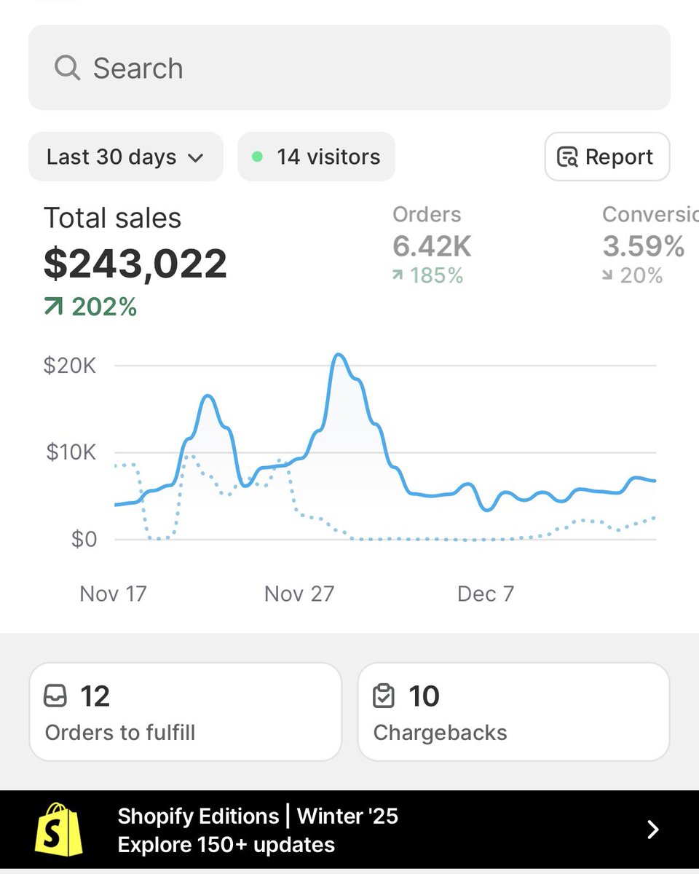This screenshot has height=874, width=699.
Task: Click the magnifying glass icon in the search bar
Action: pos(67,68)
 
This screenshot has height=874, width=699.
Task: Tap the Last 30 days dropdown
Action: pos(125,157)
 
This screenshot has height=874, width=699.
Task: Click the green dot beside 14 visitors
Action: pos(257,157)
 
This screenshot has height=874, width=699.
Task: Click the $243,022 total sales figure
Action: pos(135,264)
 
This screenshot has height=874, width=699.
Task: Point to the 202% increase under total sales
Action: pos(91,307)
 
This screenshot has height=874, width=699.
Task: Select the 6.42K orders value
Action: pos(432,247)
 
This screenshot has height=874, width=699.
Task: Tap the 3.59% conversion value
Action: pos(644,247)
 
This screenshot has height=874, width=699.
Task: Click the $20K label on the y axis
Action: pos(70,366)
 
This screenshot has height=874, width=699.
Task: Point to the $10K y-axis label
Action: pos(71,452)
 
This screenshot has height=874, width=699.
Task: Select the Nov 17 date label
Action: pos(113,594)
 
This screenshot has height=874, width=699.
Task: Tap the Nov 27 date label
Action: pos(299,594)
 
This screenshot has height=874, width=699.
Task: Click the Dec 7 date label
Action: pos(486,594)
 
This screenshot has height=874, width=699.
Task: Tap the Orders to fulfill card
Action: pos(185,712)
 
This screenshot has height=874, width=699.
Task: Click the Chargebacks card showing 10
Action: pos(513,712)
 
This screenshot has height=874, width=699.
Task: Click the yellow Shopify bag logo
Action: pos(59,830)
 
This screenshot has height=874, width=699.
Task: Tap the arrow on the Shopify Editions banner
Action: pos(653,830)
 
